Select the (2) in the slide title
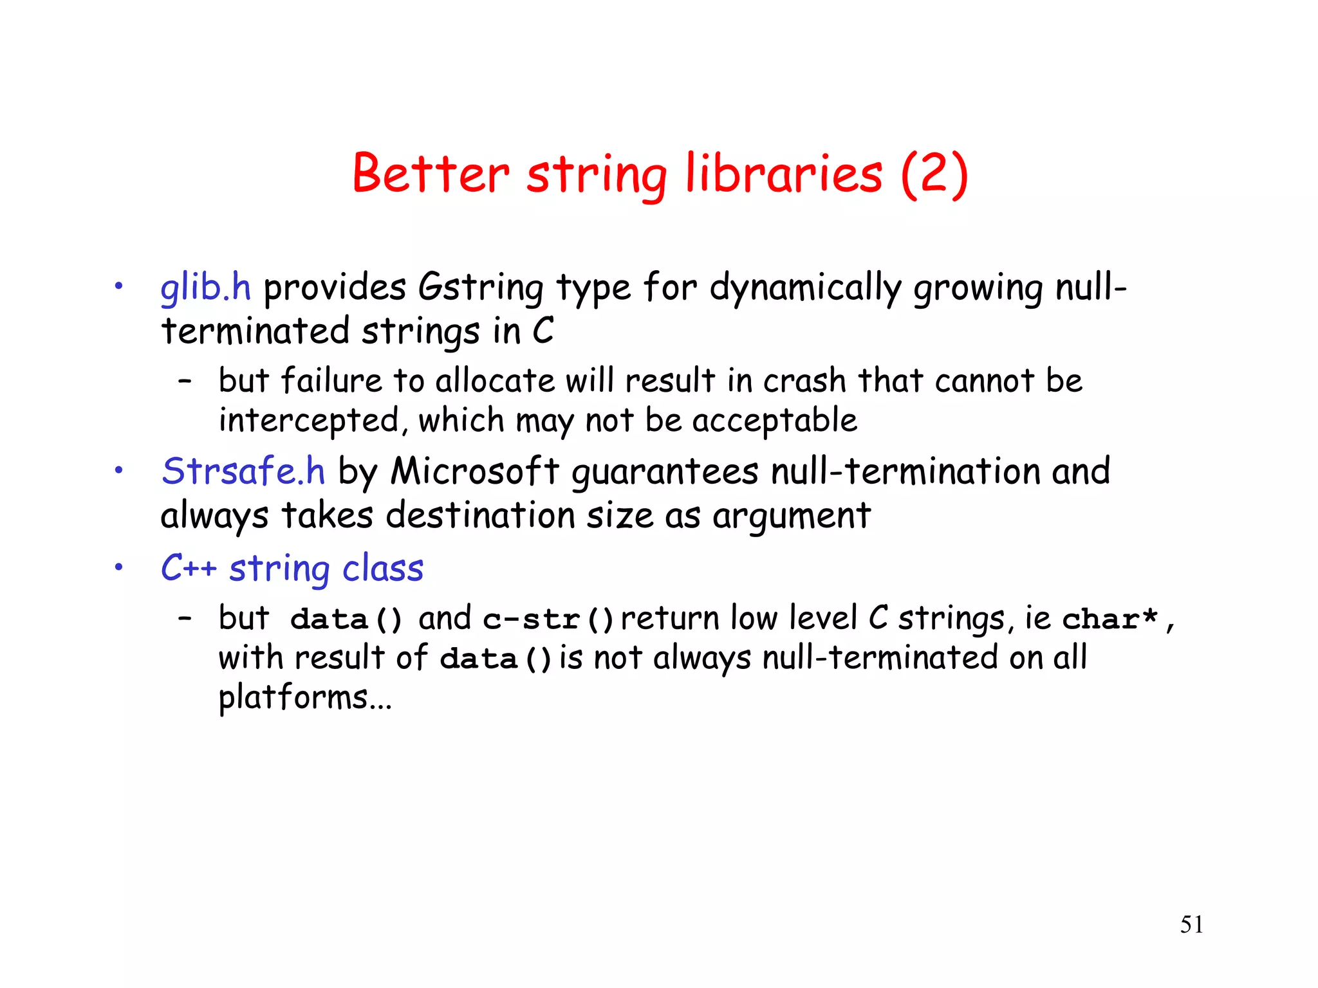click(x=934, y=174)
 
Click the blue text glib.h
click(x=205, y=287)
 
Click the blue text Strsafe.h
click(x=243, y=471)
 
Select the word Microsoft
click(x=475, y=471)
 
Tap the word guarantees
click(x=665, y=472)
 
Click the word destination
click(x=480, y=515)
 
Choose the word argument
click(x=792, y=517)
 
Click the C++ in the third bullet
click(x=189, y=568)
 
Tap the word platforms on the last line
click(x=293, y=698)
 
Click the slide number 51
click(x=1191, y=924)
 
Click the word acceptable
click(x=774, y=421)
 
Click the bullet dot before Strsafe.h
click(x=118, y=471)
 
